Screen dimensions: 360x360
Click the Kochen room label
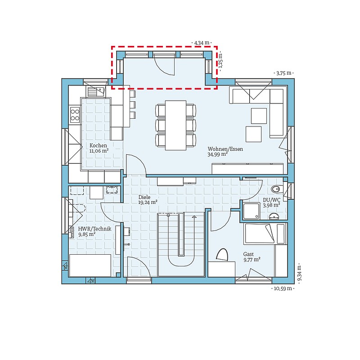98,145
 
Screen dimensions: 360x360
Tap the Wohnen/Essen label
225,149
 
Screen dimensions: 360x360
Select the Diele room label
144,197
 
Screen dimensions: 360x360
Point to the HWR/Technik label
94,229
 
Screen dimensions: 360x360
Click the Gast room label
248,254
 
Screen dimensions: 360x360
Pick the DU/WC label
271,200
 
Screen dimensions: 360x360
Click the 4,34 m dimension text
202,43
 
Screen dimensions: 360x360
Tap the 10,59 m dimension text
283,288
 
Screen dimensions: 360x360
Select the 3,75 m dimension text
284,73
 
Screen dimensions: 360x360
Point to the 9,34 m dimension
299,273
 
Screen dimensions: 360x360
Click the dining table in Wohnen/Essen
175,126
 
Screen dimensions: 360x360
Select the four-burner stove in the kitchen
75,115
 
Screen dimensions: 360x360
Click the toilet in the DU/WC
276,189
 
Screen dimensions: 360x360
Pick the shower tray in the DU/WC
252,211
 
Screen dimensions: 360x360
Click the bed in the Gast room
265,234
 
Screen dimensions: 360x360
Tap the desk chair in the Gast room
222,255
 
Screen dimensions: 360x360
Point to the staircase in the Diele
181,244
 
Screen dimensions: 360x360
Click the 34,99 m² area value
218,154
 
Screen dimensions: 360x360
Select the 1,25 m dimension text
220,61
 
